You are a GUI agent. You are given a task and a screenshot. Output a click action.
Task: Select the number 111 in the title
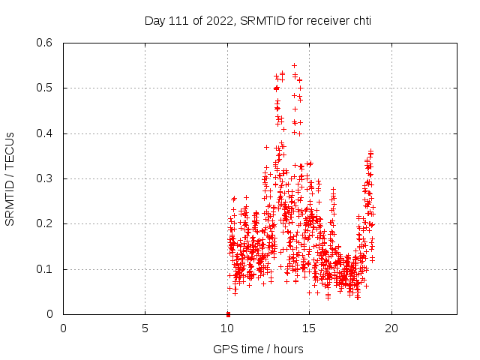tap(181, 21)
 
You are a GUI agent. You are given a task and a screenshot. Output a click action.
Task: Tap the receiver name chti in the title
tap(359, 21)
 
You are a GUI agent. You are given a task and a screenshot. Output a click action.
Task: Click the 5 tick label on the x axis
tap(145, 328)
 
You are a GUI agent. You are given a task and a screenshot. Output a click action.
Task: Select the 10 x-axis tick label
tap(227, 328)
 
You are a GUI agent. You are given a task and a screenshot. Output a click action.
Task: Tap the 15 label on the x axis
tap(309, 328)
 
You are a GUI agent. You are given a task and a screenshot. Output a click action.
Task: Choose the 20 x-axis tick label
tap(391, 328)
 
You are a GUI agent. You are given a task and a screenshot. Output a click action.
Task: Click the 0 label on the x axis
tap(63, 328)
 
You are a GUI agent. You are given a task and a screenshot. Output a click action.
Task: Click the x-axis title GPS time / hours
tap(258, 349)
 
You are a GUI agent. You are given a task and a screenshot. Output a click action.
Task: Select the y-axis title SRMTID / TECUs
tap(10, 178)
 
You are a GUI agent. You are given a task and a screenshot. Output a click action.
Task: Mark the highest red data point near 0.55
tap(294, 65)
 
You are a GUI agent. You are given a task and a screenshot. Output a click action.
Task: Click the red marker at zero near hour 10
tap(228, 313)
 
